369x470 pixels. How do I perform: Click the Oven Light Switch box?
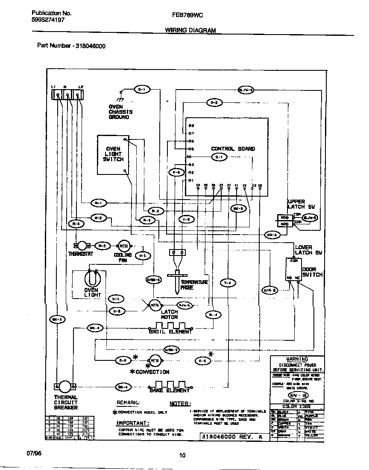113,155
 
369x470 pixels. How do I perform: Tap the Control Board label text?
233,149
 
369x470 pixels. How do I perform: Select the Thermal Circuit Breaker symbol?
65,386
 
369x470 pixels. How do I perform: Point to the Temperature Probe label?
194,285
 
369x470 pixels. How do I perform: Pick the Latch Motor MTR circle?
154,305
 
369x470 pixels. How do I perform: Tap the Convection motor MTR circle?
154,360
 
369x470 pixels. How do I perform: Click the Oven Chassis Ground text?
120,112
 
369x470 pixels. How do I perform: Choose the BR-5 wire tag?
272,235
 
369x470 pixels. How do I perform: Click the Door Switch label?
312,272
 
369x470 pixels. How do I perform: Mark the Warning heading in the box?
297,359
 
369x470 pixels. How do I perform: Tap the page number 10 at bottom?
183,455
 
